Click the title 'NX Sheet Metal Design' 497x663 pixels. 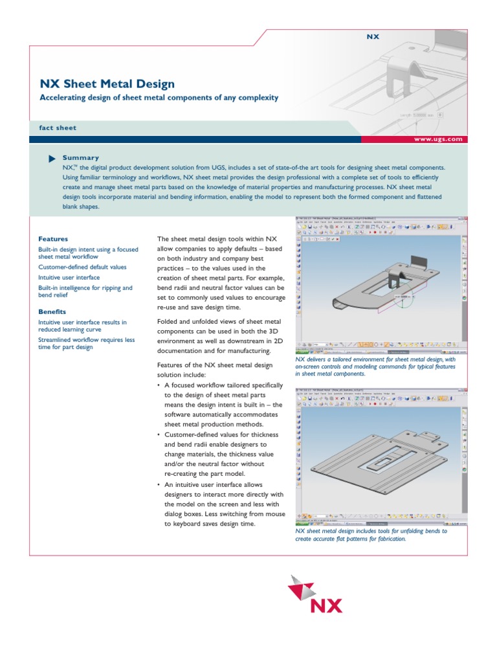coord(107,84)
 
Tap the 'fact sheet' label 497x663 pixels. coord(58,128)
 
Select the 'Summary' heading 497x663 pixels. coord(81,157)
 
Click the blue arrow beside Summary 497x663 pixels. coord(52,158)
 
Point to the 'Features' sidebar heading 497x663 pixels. coord(53,239)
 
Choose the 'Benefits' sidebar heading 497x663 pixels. coord(53,311)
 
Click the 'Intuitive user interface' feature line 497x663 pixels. coord(69,277)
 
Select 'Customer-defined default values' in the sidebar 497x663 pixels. coord(82,267)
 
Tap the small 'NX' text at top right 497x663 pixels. coord(372,37)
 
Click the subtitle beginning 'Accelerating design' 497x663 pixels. coord(159,98)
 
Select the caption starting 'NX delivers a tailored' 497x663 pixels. coord(375,366)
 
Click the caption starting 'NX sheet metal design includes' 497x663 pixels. coord(371,534)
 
